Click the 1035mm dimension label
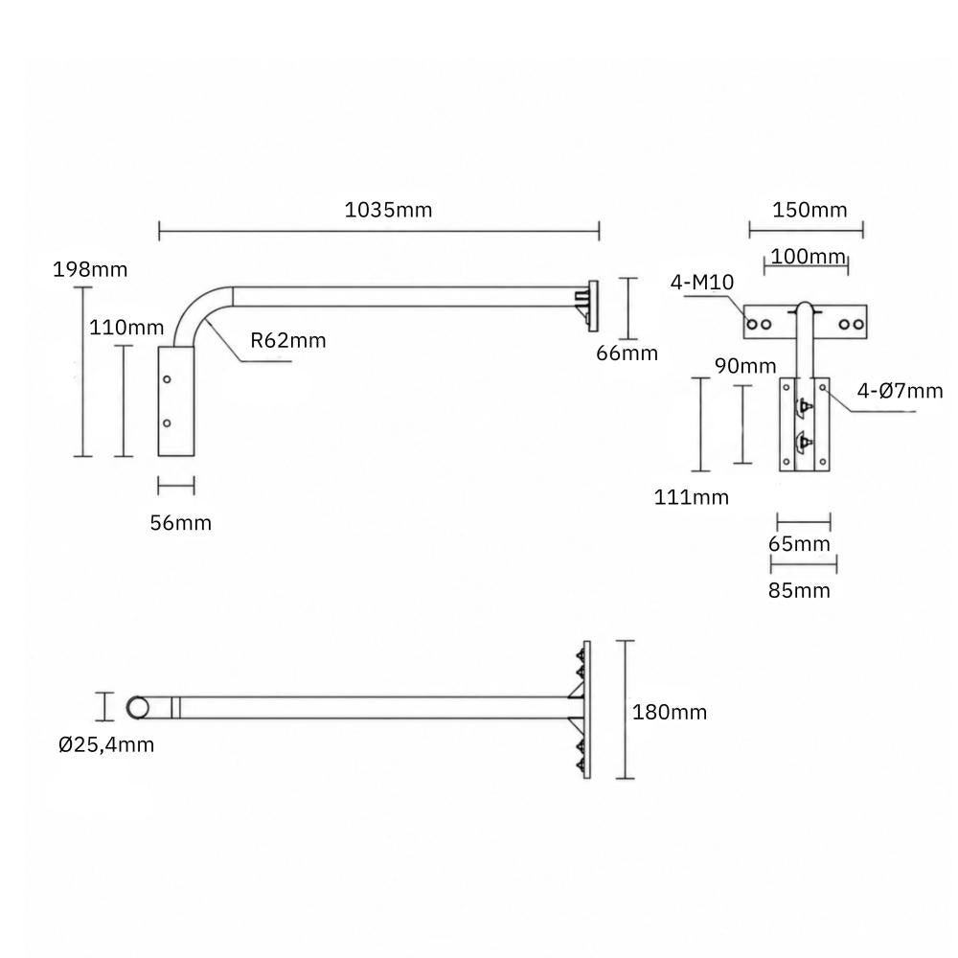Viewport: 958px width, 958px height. (388, 210)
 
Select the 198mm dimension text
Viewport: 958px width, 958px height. (90, 269)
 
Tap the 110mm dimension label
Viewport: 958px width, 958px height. (126, 328)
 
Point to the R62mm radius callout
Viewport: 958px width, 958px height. (287, 340)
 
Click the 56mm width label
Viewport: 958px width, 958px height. (181, 523)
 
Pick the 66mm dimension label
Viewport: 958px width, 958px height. (627, 354)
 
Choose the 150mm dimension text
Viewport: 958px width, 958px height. (810, 210)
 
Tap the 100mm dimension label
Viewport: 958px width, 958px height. (808, 257)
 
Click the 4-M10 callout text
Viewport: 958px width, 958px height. (702, 283)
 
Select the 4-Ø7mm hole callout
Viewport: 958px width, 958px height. (900, 391)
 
